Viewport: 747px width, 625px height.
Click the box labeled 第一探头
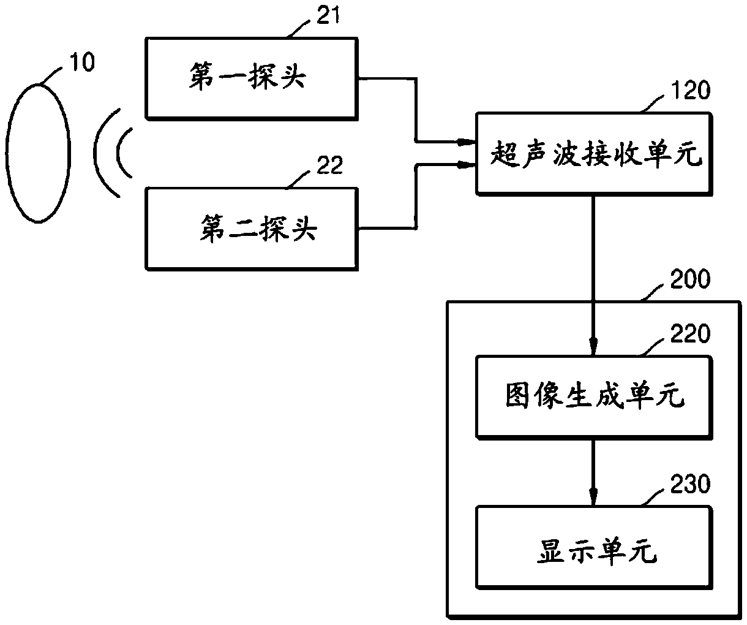pyautogui.click(x=252, y=79)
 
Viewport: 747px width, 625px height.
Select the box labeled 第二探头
pyautogui.click(x=252, y=229)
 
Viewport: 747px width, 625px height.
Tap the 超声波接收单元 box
pyautogui.click(x=594, y=154)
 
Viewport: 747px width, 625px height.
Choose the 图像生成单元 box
pyautogui.click(x=594, y=397)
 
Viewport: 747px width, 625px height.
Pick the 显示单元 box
pyautogui.click(x=594, y=548)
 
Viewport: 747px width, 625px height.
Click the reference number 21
pyautogui.click(x=328, y=15)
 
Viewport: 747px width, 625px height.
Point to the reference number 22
pyautogui.click(x=329, y=165)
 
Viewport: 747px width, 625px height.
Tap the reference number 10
pyautogui.click(x=82, y=61)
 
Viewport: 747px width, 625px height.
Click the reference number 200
pyautogui.click(x=690, y=279)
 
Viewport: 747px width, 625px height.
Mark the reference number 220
pyautogui.click(x=690, y=334)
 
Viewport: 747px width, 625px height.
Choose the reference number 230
pyautogui.click(x=690, y=484)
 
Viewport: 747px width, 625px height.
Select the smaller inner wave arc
pyautogui.click(x=118, y=153)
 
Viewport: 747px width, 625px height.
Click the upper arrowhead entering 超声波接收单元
pyautogui.click(x=466, y=142)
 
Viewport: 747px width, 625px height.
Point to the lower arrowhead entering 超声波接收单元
pyautogui.click(x=466, y=165)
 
